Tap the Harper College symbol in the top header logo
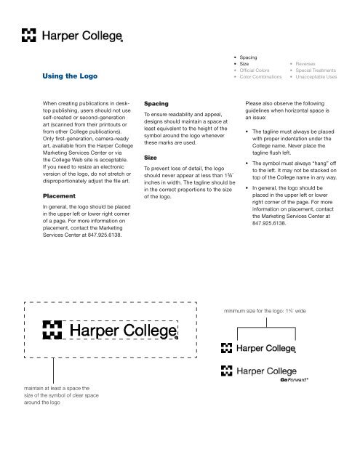click(x=28, y=34)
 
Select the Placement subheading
click(x=42, y=196)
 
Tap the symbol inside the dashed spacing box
click(x=56, y=331)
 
